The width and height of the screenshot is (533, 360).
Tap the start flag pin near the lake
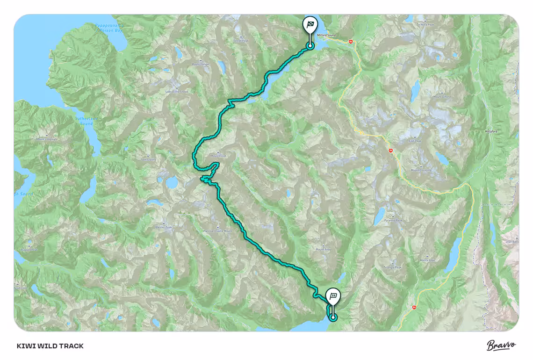point(333,296)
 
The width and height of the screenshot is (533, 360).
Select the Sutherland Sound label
point(84,121)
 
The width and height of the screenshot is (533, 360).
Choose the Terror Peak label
point(241,41)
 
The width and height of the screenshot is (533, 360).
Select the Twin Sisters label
point(148,159)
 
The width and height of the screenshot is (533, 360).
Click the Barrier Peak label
point(164,227)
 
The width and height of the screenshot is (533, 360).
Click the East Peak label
point(415,141)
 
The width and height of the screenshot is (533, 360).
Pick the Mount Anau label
point(323,250)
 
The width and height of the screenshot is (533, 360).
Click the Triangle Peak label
point(392,267)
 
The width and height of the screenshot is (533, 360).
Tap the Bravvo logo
point(501,346)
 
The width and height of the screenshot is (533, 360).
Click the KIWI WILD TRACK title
point(50,346)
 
